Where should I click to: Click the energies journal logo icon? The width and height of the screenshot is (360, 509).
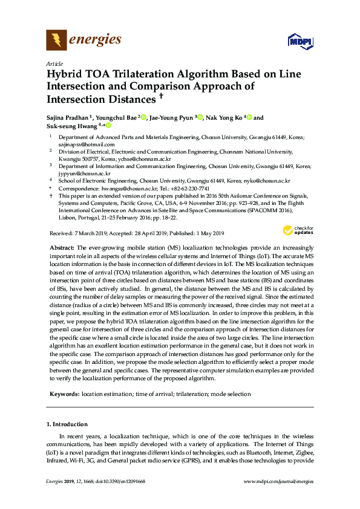coord(57,41)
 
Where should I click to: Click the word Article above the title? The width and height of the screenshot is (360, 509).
coord(54,63)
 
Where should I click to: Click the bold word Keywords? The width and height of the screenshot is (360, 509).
coord(64,394)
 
